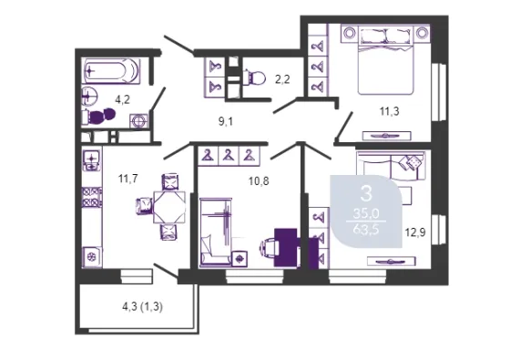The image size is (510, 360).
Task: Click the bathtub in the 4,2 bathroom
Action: click(x=111, y=71)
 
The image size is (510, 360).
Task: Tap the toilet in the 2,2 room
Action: click(x=254, y=78)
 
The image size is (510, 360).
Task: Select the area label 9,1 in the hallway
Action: click(x=226, y=122)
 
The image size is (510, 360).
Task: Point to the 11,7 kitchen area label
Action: click(x=128, y=179)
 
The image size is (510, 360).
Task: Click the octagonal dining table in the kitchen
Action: click(x=169, y=208)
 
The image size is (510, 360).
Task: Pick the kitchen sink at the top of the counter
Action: click(x=92, y=160)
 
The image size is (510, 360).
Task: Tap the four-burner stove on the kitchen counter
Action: click(x=91, y=197)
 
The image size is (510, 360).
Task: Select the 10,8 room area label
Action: click(x=259, y=181)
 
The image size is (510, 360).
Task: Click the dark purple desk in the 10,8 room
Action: click(x=286, y=247)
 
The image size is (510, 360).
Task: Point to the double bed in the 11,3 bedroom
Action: click(x=385, y=60)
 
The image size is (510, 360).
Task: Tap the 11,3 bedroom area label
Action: click(x=390, y=111)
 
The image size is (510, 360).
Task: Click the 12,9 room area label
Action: click(x=415, y=232)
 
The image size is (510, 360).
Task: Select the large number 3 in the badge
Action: click(x=366, y=193)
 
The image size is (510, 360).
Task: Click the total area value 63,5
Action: click(x=366, y=230)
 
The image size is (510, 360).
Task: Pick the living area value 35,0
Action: click(x=366, y=214)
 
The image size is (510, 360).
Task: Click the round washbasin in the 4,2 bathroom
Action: click(x=90, y=96)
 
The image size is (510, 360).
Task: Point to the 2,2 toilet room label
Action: click(x=282, y=79)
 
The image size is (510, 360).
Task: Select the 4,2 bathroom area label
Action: click(x=123, y=99)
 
